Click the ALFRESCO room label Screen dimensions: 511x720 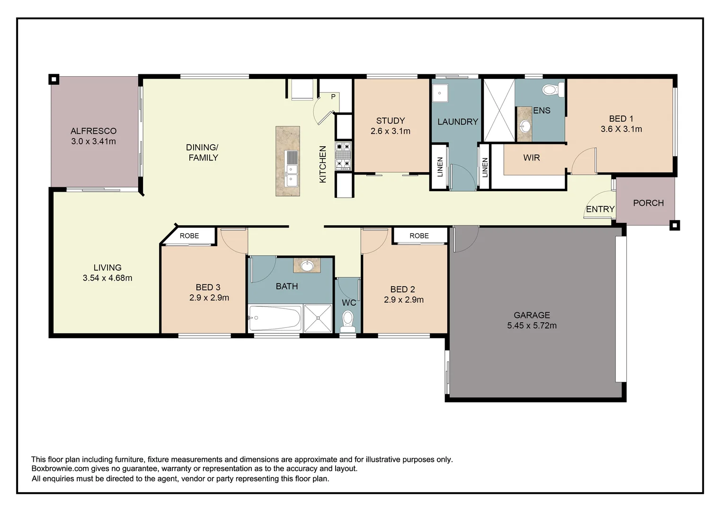pyautogui.click(x=93, y=131)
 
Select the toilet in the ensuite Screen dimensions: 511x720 pyautogui.click(x=552, y=89)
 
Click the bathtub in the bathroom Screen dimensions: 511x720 pyautogui.click(x=275, y=318)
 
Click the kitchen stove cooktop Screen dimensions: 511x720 pyautogui.click(x=343, y=156)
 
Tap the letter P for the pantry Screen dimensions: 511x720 pyautogui.click(x=333, y=97)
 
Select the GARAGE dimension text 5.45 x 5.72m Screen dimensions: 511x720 pyautogui.click(x=532, y=326)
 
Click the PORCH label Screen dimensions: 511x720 pyautogui.click(x=648, y=203)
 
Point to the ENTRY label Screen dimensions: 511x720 pyautogui.click(x=600, y=209)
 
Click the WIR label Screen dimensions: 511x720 pyautogui.click(x=531, y=158)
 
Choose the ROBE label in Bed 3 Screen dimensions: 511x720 pyautogui.click(x=189, y=236)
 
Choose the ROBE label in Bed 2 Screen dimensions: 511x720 pyautogui.click(x=419, y=236)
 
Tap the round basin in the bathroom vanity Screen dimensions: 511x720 pyautogui.click(x=307, y=266)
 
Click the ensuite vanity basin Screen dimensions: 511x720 pyautogui.click(x=525, y=126)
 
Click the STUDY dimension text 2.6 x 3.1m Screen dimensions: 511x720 pyautogui.click(x=390, y=131)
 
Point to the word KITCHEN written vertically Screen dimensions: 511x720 pyautogui.click(x=323, y=164)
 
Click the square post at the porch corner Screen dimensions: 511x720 pyautogui.click(x=675, y=225)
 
